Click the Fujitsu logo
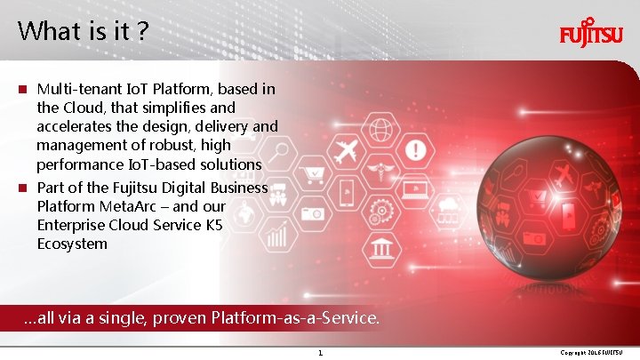[x=590, y=36]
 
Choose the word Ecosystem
[x=72, y=244]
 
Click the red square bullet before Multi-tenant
[x=24, y=90]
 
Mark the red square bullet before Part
[x=24, y=188]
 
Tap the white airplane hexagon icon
[x=347, y=148]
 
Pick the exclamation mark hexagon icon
[x=414, y=148]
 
